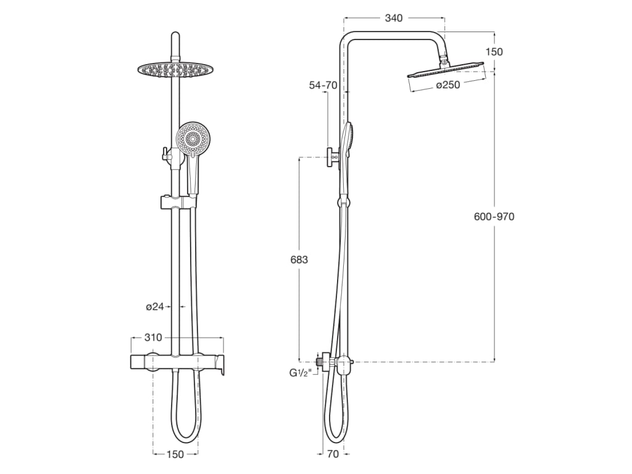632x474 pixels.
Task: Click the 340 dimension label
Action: [x=393, y=18]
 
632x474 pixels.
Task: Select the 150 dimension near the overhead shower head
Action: [x=494, y=52]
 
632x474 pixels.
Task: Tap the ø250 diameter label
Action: [x=448, y=85]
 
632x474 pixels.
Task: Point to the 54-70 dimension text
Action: [x=323, y=85]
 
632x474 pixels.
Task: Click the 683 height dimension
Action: [x=299, y=260]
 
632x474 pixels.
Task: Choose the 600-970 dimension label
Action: [x=494, y=217]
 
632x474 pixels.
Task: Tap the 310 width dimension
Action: [x=153, y=338]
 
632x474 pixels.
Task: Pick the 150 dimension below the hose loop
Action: [x=175, y=455]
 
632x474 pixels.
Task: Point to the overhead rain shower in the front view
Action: [x=173, y=69]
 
